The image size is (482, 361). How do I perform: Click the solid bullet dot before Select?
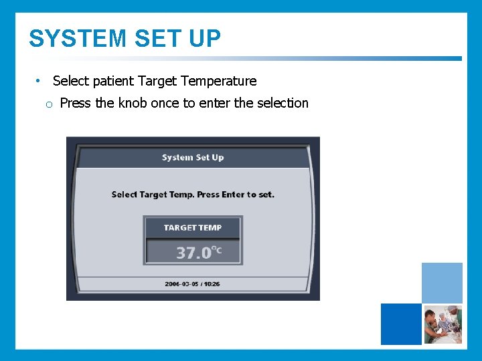point(38,81)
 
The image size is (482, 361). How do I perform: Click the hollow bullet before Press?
point(49,104)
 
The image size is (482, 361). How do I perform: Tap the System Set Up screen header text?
point(193,158)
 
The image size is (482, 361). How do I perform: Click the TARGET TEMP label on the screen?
point(192,227)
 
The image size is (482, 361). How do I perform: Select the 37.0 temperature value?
point(193,253)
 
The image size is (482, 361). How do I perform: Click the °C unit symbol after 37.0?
point(216,251)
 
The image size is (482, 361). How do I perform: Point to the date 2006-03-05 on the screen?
point(181,284)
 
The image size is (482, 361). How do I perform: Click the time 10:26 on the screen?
point(212,284)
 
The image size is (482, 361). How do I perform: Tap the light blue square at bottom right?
point(442,283)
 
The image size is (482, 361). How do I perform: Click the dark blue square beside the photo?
point(401,324)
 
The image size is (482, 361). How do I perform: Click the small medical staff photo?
point(443,324)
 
